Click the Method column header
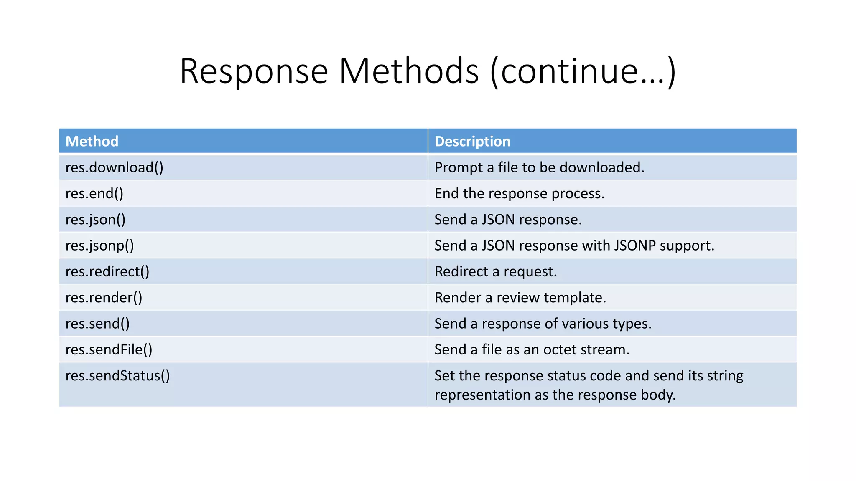(x=92, y=142)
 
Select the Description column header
(x=472, y=142)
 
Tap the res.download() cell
(x=115, y=167)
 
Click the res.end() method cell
(x=94, y=194)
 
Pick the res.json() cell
(x=95, y=220)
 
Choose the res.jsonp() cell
(x=99, y=246)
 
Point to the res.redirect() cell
(x=107, y=272)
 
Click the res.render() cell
(x=104, y=298)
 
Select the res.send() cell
(x=97, y=324)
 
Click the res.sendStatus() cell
(x=117, y=376)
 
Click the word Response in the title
(x=254, y=71)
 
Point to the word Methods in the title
(x=409, y=71)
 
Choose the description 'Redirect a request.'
(x=496, y=272)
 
